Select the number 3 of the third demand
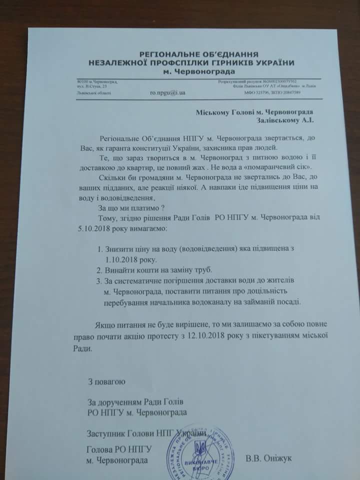click(x=98, y=281)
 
